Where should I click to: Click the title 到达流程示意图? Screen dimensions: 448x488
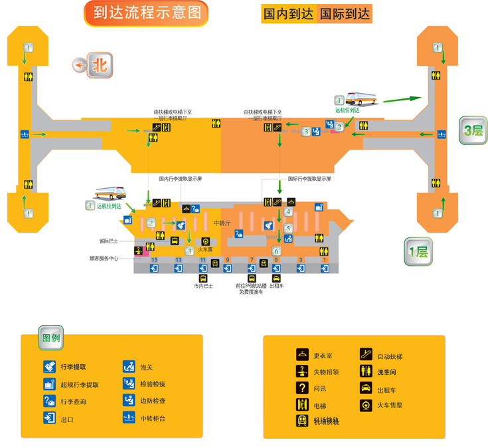pos(146,13)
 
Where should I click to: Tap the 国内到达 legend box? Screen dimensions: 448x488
pos(288,14)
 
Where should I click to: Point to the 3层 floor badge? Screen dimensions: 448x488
pos(473,130)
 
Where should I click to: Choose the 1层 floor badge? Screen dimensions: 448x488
pos(418,252)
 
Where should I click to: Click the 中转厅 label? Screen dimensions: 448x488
pos(222,223)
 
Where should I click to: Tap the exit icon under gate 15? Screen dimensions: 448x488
pos(154,269)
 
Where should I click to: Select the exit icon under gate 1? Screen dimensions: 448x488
pos(325,269)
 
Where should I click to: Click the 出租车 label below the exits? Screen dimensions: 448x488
pos(276,286)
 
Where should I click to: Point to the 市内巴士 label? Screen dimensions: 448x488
pos(203,286)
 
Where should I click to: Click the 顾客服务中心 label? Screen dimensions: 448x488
pos(104,259)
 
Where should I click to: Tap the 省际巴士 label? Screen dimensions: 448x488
pos(108,241)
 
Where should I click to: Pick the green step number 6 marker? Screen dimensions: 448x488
pos(276,251)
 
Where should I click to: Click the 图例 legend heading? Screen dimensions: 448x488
pos(51,338)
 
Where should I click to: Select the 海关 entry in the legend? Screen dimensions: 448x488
pos(146,367)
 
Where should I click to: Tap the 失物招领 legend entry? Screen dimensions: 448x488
pos(326,372)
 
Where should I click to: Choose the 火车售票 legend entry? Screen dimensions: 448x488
pos(390,405)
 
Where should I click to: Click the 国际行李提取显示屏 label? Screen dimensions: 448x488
pos(309,179)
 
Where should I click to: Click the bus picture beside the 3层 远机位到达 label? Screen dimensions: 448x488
pos(361,99)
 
